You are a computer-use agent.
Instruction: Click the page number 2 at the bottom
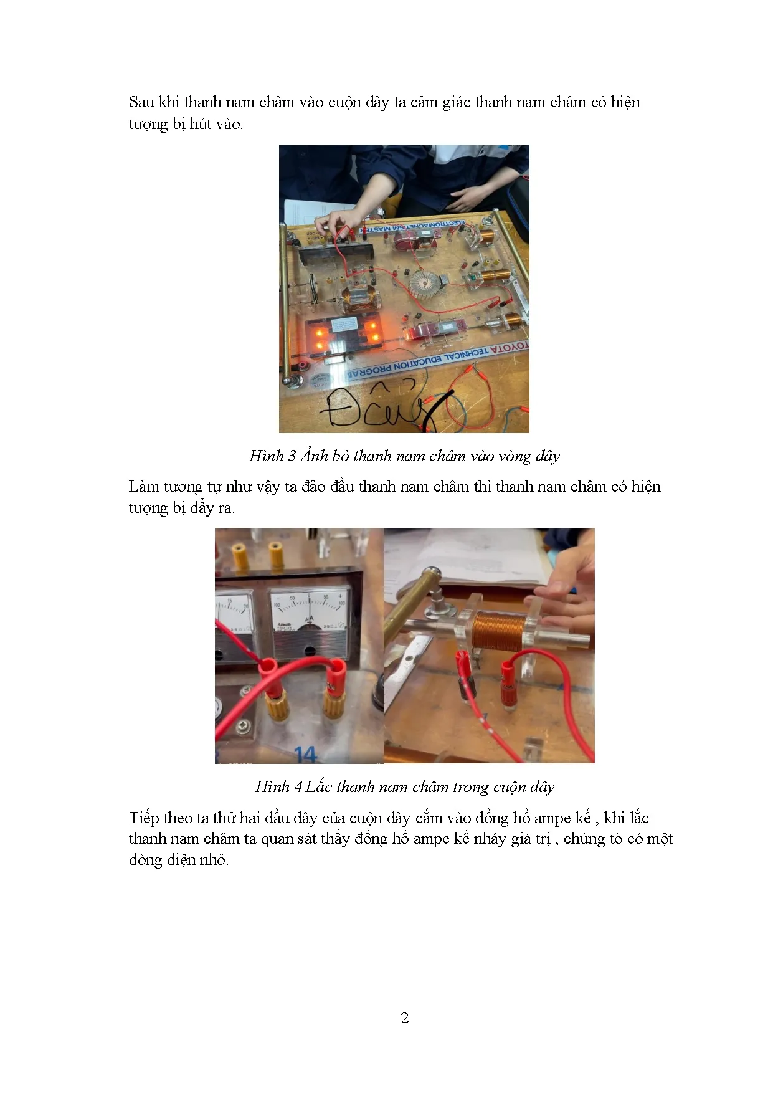(405, 1018)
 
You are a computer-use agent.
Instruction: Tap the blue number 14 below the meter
(305, 755)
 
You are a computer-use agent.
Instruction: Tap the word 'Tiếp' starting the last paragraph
(144, 818)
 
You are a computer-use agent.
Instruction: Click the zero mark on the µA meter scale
(309, 596)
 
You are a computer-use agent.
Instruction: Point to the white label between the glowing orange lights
(344, 324)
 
